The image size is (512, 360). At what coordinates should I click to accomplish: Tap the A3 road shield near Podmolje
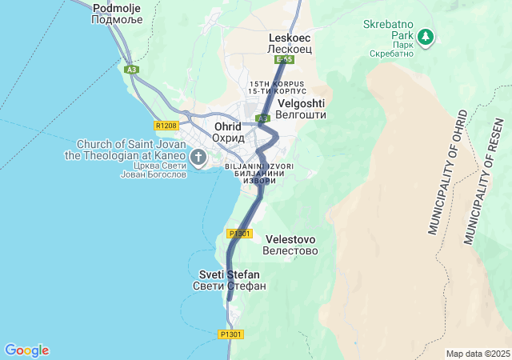(132, 70)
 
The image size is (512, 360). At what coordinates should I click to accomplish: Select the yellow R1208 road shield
(166, 125)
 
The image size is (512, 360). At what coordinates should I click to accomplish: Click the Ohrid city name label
(228, 132)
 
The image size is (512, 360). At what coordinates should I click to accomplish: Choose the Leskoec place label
(290, 43)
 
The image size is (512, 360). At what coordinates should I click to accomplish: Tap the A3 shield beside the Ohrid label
(262, 118)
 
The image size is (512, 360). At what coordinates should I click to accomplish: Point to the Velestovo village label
(290, 245)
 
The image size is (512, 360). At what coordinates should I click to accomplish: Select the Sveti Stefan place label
(229, 280)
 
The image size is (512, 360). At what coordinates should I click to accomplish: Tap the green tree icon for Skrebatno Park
(426, 36)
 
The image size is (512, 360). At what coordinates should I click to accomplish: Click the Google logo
(26, 350)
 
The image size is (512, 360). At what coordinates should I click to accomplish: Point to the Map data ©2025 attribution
(477, 354)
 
